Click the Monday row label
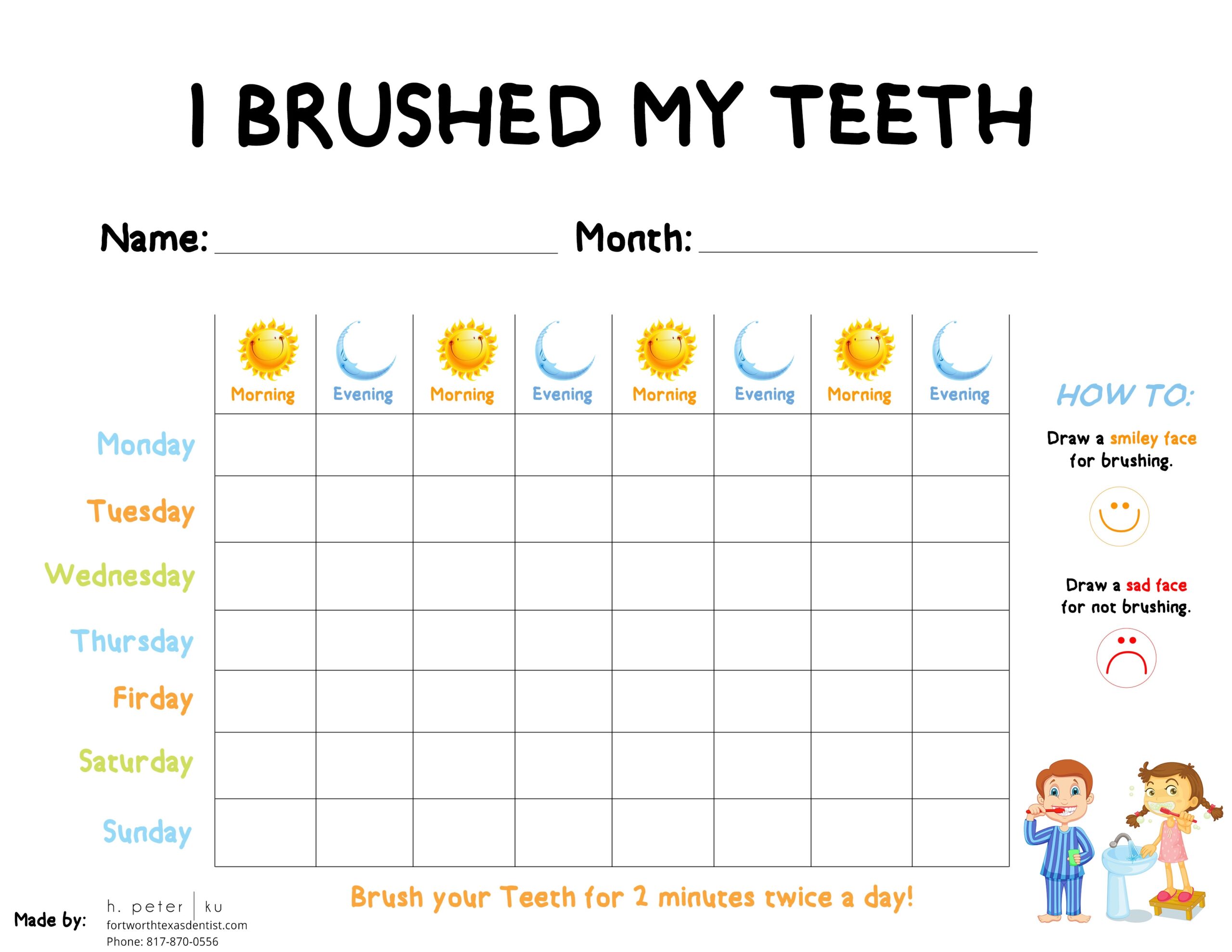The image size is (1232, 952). pyautogui.click(x=146, y=445)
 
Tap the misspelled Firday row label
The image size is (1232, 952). pyautogui.click(x=154, y=699)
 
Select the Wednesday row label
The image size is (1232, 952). pyautogui.click(x=120, y=576)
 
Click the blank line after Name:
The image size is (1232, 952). pyautogui.click(x=386, y=253)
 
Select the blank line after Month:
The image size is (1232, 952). pyautogui.click(x=868, y=252)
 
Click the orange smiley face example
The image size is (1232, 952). pyautogui.click(x=1119, y=516)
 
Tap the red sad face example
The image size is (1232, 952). pyautogui.click(x=1127, y=658)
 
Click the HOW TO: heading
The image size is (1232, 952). pyautogui.click(x=1125, y=395)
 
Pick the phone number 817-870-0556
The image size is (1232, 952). pyautogui.click(x=182, y=941)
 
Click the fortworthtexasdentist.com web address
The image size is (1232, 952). pyautogui.click(x=177, y=926)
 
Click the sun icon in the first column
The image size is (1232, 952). pyautogui.click(x=268, y=349)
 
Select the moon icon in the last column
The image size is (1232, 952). pyautogui.click(x=961, y=350)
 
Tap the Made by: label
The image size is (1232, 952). pyautogui.click(x=50, y=920)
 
